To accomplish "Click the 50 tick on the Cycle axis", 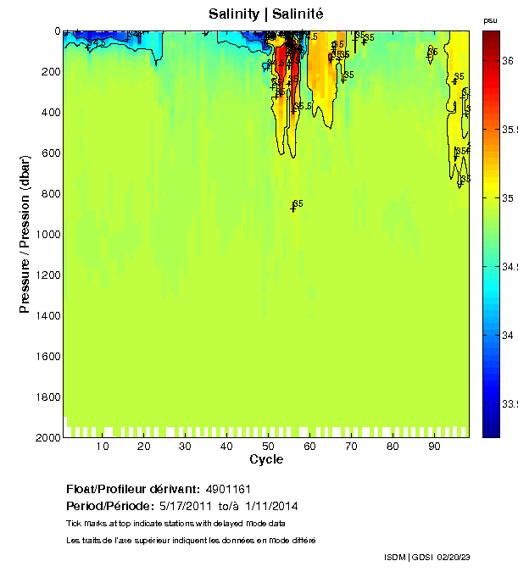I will point(268,446).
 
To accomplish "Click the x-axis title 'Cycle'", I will point(266,460).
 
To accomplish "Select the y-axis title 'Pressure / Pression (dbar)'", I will point(25,234).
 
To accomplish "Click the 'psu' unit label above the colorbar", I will point(490,20).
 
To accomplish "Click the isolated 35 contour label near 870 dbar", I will point(298,204).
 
